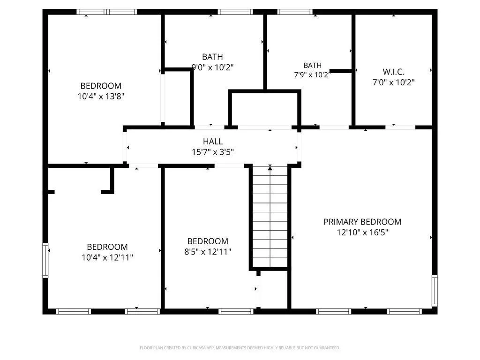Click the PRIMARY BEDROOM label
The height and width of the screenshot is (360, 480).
point(362,222)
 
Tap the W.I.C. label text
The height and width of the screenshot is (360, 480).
point(393,72)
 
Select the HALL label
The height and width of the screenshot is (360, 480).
point(213,142)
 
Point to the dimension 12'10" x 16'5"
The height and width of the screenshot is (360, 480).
point(362,232)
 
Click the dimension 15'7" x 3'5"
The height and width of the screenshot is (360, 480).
point(213,152)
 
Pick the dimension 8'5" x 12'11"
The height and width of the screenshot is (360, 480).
point(208,252)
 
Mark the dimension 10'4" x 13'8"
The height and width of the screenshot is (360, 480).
point(101,97)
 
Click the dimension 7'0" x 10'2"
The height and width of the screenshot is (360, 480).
point(393,82)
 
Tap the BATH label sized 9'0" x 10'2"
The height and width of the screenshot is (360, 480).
point(212,57)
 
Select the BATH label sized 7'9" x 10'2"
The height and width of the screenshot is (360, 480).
point(312,65)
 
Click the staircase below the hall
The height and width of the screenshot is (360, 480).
point(270,217)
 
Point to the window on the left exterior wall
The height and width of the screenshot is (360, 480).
point(45,260)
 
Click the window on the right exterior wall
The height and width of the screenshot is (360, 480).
point(435,291)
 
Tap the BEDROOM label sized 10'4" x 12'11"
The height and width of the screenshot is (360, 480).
point(107,247)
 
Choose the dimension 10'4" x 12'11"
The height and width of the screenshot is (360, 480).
point(107,257)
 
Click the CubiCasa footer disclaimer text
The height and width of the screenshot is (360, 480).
point(240,348)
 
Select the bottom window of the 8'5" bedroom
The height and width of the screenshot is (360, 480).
point(236,312)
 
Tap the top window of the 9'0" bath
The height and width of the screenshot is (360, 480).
point(235,12)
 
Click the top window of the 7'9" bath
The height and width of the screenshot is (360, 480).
point(295,12)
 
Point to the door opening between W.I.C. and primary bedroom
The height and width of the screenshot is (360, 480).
point(400,127)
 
